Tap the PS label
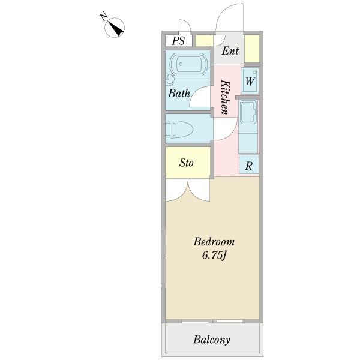[x=178, y=41]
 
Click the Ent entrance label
[x=230, y=51]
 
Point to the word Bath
[x=179, y=94]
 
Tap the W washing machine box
[x=250, y=80]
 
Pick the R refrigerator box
[x=248, y=166]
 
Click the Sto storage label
[x=187, y=163]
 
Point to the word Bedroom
[x=214, y=242]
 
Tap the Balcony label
[x=211, y=340]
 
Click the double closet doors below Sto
[x=188, y=191]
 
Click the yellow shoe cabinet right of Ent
[x=251, y=49]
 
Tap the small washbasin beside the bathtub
[x=170, y=79]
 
